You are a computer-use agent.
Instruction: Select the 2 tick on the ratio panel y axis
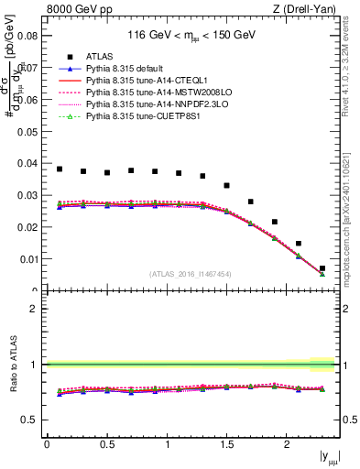[x=33, y=309]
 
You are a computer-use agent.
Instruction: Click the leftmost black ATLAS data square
[x=60, y=169]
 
